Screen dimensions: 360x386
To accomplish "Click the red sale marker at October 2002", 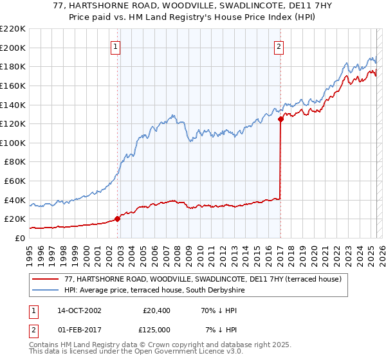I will tap(118, 219).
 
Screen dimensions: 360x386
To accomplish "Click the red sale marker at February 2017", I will tap(280, 119).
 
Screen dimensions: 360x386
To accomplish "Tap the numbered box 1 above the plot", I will tap(115, 46).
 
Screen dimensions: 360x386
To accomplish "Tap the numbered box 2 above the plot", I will tap(279, 46).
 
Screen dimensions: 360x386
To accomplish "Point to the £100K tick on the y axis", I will tap(14, 143).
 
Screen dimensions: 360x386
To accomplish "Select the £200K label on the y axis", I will tap(14, 48).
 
